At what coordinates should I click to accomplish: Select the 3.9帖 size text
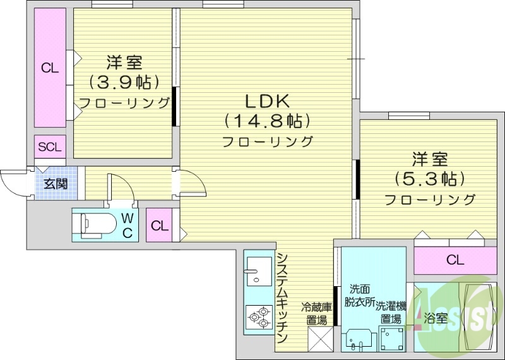[124, 81]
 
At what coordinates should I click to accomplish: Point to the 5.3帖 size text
[430, 178]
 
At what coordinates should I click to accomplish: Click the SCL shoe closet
[50, 148]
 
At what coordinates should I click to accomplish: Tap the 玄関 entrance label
[56, 184]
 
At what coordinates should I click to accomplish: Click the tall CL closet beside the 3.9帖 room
[50, 68]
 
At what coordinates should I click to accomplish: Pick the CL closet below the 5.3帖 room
[454, 259]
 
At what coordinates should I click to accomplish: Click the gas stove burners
[258, 315]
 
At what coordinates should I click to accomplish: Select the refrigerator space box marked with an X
[319, 339]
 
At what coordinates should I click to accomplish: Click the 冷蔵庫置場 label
[316, 313]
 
